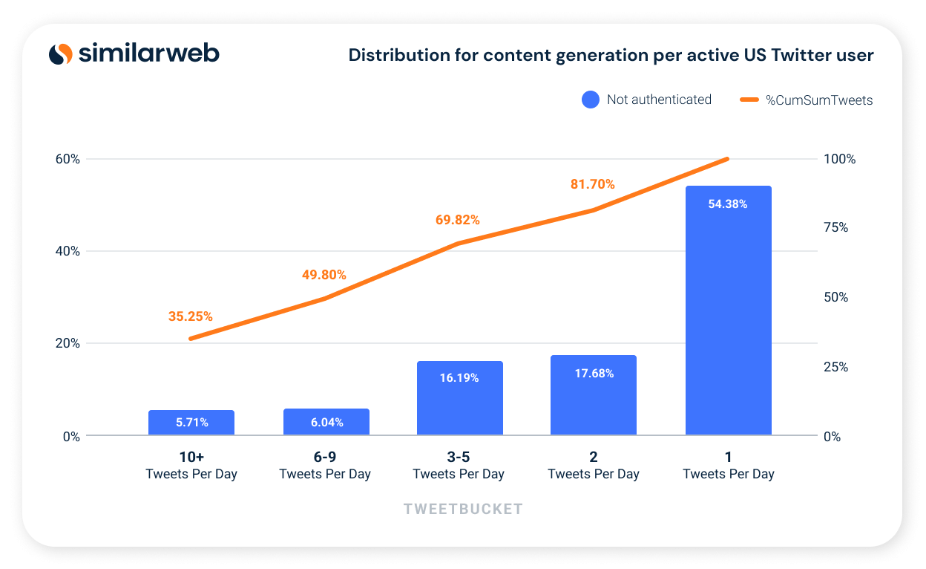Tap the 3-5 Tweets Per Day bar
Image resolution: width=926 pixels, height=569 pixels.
[x=460, y=398]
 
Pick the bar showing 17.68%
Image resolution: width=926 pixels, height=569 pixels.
[x=594, y=395]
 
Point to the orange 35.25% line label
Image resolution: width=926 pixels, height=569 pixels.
[x=191, y=316]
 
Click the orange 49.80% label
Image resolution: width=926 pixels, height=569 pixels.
[x=324, y=275]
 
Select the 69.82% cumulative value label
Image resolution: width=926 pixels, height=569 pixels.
[x=458, y=220]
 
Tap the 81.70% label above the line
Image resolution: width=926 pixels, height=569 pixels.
[x=593, y=184]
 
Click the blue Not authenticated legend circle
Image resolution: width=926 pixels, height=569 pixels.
[x=591, y=100]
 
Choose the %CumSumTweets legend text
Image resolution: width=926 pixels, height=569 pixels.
[x=819, y=100]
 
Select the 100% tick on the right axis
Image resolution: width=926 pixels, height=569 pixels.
[x=839, y=159]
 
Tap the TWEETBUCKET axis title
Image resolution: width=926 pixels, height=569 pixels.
[x=463, y=509]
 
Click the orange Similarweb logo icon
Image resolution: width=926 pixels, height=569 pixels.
[x=61, y=53]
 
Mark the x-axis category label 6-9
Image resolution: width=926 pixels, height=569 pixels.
[x=325, y=457]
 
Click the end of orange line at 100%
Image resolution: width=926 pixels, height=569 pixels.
[x=728, y=158]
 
